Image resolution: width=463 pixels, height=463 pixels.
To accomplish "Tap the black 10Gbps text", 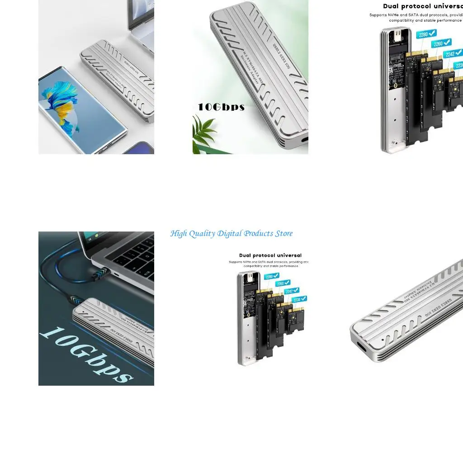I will coord(221,108).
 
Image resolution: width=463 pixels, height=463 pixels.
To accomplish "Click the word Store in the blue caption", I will coord(283,234).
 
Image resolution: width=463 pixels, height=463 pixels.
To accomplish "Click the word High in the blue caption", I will coord(178,234).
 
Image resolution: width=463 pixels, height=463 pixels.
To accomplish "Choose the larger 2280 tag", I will coord(426,34).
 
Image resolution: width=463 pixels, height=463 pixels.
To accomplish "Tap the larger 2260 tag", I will coord(441,43).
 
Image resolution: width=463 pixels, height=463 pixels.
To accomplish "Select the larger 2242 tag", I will coord(453,54).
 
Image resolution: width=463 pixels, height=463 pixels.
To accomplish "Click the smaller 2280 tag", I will coord(272,276).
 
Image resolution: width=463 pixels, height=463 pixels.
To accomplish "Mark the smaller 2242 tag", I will coord(292,291).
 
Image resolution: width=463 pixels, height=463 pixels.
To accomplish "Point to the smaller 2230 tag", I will coord(299,299).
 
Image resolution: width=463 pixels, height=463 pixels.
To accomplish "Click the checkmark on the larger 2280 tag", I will coord(432,33).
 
